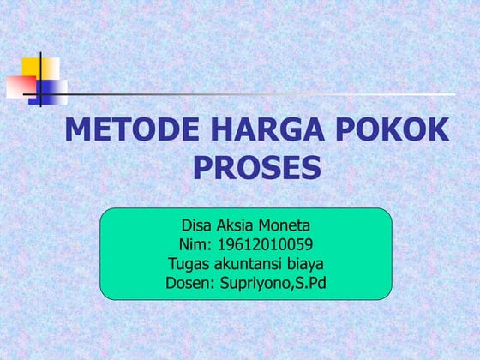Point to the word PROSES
[257, 167]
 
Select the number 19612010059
[263, 246]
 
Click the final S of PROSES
[312, 167]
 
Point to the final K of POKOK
[436, 130]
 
